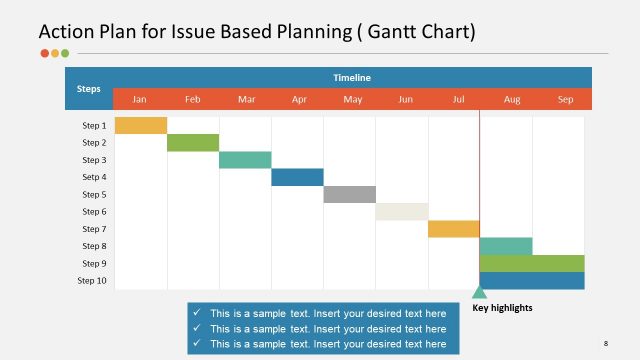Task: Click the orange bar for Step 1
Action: [141, 125]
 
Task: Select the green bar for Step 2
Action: [193, 142]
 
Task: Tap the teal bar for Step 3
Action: [245, 160]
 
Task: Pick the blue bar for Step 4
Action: [297, 177]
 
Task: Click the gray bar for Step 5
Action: [349, 194]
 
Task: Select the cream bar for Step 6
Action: [401, 212]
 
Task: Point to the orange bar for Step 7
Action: [453, 229]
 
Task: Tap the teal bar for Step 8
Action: [506, 246]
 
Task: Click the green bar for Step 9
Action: [532, 263]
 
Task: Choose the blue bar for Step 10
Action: [532, 281]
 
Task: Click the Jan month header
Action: [140, 99]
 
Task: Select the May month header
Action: [352, 99]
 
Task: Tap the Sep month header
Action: [565, 99]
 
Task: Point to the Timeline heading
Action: [352, 77]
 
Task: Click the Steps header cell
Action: [89, 88]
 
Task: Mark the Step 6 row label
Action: [94, 212]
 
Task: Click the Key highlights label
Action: [502, 308]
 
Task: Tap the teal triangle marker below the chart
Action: [479, 293]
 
